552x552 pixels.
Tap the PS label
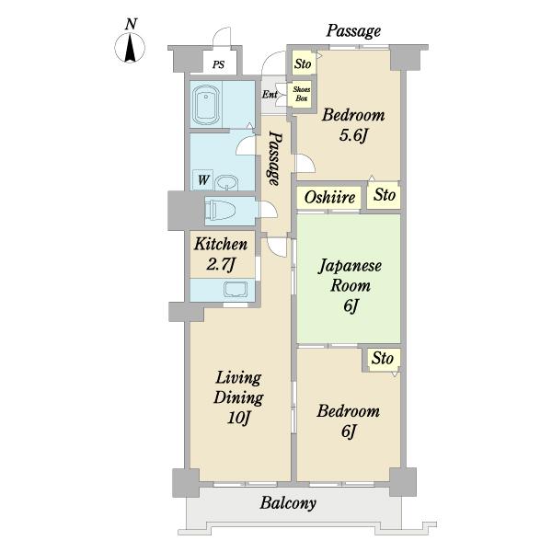point(218,64)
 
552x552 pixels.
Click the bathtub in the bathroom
point(206,105)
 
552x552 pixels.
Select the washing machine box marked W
point(202,180)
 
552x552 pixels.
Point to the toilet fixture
point(220,211)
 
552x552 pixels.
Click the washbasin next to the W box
point(226,182)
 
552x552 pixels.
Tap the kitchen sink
point(236,290)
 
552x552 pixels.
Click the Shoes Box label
point(302,94)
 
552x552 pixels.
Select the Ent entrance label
point(270,95)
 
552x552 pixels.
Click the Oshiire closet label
point(329,197)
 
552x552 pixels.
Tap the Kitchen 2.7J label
point(221,254)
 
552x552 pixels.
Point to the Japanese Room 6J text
point(350,285)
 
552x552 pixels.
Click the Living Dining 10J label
point(238,397)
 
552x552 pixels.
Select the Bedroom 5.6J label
point(353,125)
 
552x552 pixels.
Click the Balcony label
point(288,502)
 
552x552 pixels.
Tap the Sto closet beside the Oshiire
point(384,195)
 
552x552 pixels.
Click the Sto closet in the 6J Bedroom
point(383,359)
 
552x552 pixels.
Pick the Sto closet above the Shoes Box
point(303,63)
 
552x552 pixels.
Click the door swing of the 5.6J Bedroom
point(305,163)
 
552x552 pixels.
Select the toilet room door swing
point(269,210)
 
